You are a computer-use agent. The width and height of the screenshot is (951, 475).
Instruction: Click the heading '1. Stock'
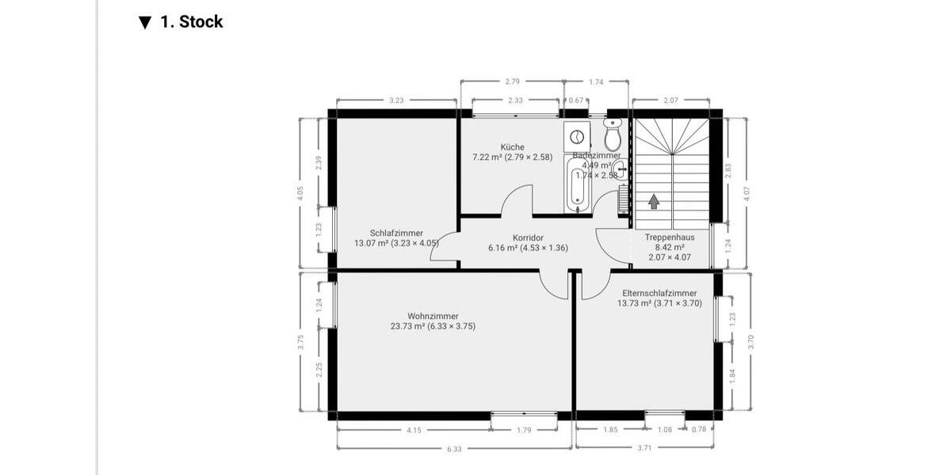[191, 22]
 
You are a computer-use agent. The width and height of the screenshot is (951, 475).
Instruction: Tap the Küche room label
[512, 147]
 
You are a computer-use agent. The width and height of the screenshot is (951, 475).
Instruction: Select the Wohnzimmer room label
[433, 316]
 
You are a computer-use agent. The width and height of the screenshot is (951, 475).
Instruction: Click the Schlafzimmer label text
[396, 234]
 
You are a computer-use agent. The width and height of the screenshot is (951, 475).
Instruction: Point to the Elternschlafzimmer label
[659, 293]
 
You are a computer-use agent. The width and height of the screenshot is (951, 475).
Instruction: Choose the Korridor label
[528, 237]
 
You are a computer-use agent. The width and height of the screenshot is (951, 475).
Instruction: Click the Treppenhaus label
[670, 237]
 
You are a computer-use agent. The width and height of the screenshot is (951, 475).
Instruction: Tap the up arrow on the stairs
[654, 202]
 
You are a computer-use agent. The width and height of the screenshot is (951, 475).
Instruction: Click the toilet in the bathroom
[612, 137]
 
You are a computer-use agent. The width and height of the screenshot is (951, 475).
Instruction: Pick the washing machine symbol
[577, 136]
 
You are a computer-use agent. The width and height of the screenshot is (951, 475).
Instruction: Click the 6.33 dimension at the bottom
[454, 449]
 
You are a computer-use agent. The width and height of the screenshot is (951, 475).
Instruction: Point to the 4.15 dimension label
[414, 430]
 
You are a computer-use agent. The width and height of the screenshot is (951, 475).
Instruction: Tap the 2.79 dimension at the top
[512, 81]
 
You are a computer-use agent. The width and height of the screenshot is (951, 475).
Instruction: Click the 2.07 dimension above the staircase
[670, 101]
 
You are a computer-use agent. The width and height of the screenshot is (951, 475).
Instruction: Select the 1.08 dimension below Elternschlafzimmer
[666, 430]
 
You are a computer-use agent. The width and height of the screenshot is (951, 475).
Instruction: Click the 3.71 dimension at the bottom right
[644, 449]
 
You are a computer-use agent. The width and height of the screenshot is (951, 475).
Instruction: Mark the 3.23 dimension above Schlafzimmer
[396, 101]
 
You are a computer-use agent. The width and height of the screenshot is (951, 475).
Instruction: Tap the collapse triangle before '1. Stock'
[144, 22]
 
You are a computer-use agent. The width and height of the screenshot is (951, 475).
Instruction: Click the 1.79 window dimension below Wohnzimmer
[523, 430]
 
